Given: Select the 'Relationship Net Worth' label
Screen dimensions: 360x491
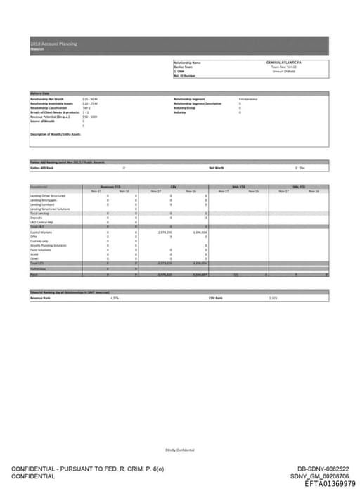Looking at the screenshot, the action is (47, 100).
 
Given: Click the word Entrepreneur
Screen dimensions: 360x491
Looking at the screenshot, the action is (249, 100).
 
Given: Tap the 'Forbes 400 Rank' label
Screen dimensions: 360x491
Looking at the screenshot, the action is (41, 168).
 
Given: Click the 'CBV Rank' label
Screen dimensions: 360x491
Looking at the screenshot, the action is (215, 298).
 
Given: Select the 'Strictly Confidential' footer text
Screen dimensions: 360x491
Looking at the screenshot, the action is (180, 449).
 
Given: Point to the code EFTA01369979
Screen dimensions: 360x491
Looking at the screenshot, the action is (330, 484).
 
